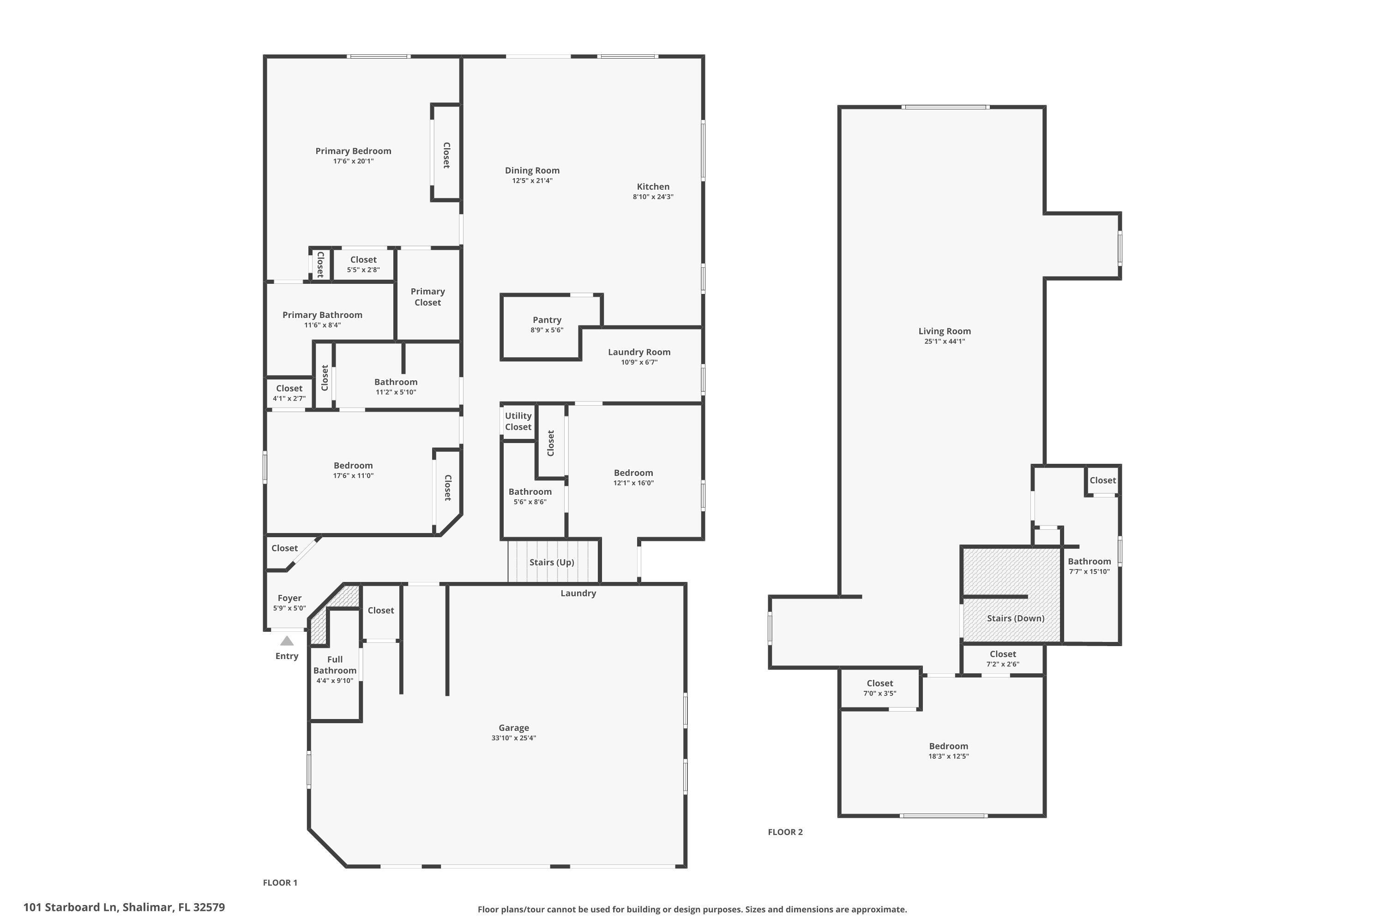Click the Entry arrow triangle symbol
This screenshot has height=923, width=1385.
pyautogui.click(x=287, y=641)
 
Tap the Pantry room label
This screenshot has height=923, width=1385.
pyautogui.click(x=547, y=320)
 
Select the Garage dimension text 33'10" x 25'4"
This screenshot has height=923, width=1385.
pyautogui.click(x=513, y=738)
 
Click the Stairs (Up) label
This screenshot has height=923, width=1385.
pyautogui.click(x=551, y=562)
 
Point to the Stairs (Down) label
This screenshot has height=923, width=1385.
pyautogui.click(x=1015, y=618)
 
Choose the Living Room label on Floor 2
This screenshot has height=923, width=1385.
pyautogui.click(x=945, y=331)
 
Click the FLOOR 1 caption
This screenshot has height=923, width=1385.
pyautogui.click(x=280, y=882)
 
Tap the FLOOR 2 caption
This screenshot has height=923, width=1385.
pyautogui.click(x=785, y=832)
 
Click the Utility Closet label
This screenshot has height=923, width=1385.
pyautogui.click(x=518, y=421)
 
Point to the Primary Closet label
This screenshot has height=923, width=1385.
pyautogui.click(x=428, y=297)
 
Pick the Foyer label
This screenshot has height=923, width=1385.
pyautogui.click(x=289, y=598)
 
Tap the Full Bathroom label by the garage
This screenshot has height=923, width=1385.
pyautogui.click(x=334, y=665)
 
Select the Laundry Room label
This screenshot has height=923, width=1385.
pyautogui.click(x=639, y=352)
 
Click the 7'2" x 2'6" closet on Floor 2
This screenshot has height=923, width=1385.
pyautogui.click(x=1002, y=659)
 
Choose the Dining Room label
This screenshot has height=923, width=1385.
pyautogui.click(x=532, y=171)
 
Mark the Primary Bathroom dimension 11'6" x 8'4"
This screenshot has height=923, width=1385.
pyautogui.click(x=322, y=325)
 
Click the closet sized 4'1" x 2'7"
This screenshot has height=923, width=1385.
pyautogui.click(x=289, y=393)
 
